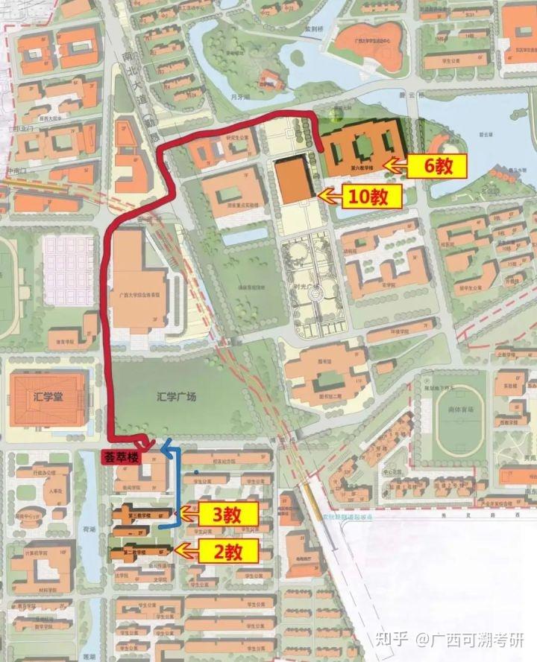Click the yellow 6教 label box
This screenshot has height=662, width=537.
point(436,166)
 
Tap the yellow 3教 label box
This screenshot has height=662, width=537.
point(228,513)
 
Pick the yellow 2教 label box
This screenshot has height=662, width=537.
point(228,552)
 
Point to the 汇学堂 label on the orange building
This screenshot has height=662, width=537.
point(48,395)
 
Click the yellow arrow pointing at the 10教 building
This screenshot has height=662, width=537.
point(329,196)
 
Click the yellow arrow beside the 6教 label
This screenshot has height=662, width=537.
point(393,165)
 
